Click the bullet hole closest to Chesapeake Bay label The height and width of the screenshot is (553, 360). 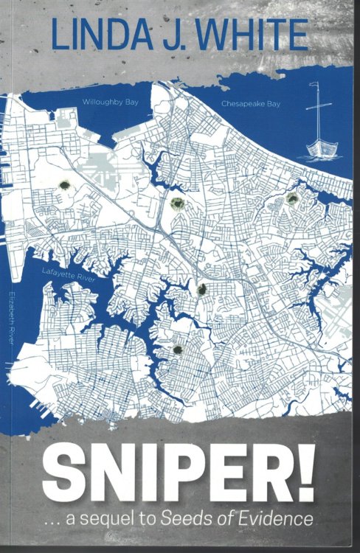tap(292, 198)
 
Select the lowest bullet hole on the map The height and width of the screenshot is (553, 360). tap(177, 349)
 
